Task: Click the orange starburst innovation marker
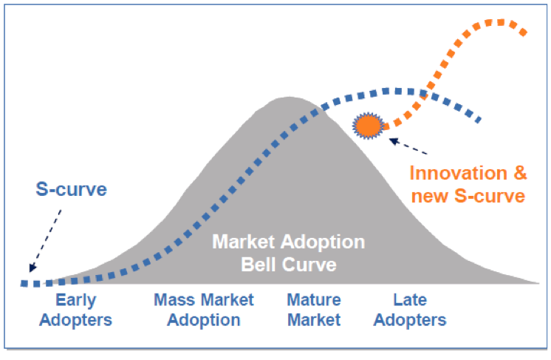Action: pos(368,126)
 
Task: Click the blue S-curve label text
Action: pos(72,189)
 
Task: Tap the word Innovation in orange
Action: pos(458,173)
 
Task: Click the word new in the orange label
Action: pos(430,196)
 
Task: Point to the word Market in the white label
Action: pos(244,242)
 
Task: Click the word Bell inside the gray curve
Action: pos(259,265)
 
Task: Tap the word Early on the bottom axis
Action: pos(76,301)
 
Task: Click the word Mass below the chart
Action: pos(174,300)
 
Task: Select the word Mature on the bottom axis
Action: pos(314,300)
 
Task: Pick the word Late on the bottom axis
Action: pos(410,300)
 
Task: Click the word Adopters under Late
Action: pos(410,320)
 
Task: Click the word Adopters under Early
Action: pos(75,320)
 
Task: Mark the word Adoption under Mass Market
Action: pos(204,320)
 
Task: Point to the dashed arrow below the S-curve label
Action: pos(45,241)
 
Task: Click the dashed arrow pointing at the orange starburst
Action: pos(408,146)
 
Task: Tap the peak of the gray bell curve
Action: pos(290,97)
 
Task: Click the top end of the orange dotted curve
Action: pos(523,33)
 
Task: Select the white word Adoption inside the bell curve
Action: pos(323,242)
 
